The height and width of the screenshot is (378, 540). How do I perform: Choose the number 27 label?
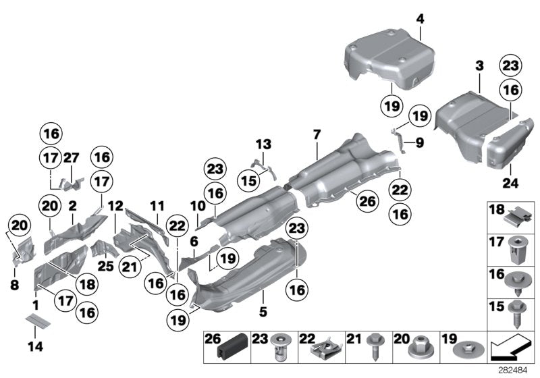[72, 157]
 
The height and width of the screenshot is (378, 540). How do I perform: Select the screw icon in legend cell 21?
[373, 349]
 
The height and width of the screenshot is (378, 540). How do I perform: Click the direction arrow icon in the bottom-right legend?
[509, 348]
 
